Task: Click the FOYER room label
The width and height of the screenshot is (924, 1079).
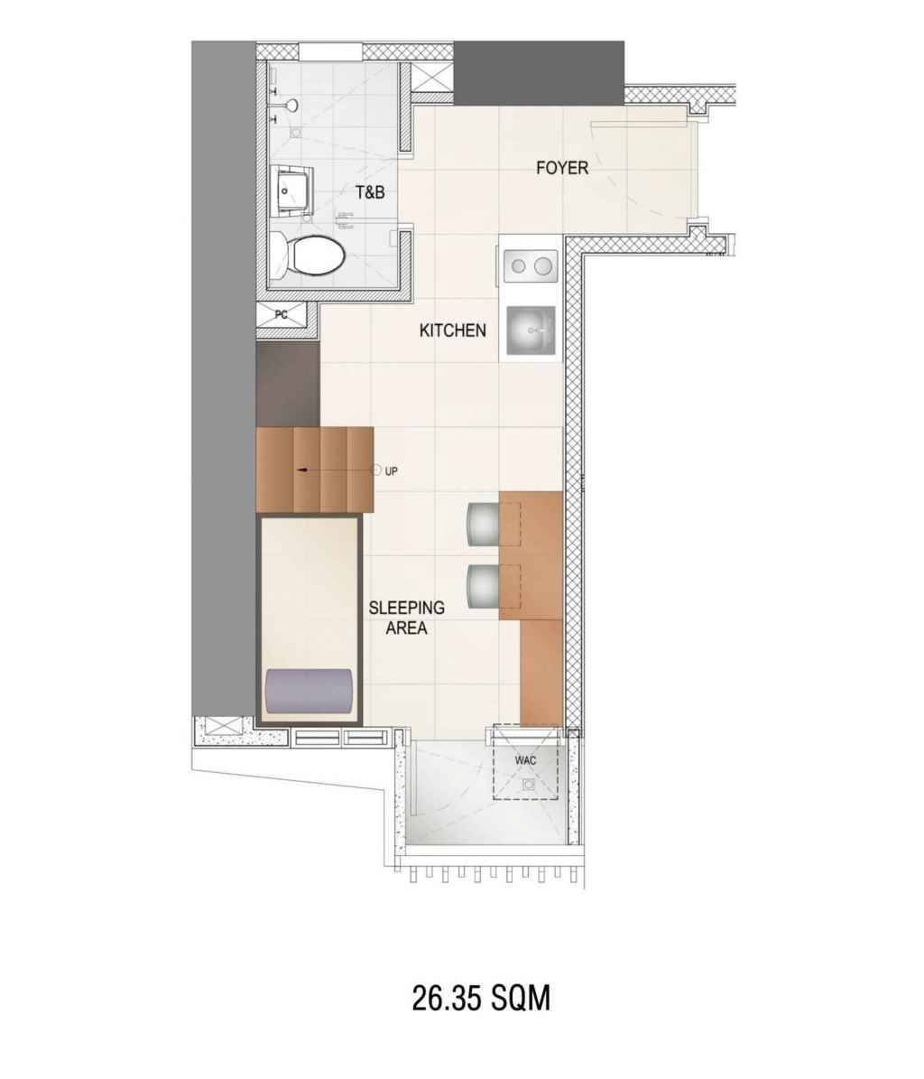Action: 561,168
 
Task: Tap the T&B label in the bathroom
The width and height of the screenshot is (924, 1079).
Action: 370,192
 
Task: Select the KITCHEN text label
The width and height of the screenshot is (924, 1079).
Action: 452,330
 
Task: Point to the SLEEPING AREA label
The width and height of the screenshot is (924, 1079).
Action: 406,618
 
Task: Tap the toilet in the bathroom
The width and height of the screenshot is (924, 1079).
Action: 307,256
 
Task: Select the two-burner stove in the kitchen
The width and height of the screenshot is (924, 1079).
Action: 531,265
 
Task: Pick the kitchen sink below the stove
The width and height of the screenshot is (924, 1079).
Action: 531,331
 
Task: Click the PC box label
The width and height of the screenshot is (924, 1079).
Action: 282,315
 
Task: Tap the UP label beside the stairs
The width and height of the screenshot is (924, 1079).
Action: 391,471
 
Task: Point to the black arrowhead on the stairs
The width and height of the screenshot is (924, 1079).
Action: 301,470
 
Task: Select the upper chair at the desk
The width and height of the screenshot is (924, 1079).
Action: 484,523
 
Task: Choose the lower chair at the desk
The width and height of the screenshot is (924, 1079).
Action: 484,586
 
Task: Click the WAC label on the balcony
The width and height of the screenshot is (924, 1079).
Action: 525,760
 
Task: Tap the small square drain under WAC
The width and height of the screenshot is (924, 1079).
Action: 529,785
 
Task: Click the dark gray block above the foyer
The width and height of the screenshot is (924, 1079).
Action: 539,74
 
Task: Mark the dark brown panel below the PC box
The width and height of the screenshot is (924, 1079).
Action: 287,385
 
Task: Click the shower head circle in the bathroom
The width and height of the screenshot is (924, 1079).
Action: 292,105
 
